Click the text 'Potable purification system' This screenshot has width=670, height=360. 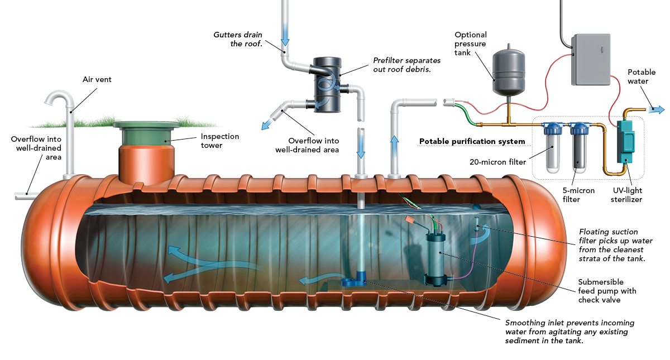tap(472, 141)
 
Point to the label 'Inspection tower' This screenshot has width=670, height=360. tap(219, 141)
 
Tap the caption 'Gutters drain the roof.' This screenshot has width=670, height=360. tap(238, 39)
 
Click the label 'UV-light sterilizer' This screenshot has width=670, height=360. tap(634, 194)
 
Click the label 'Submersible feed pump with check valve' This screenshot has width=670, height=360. tap(608, 291)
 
